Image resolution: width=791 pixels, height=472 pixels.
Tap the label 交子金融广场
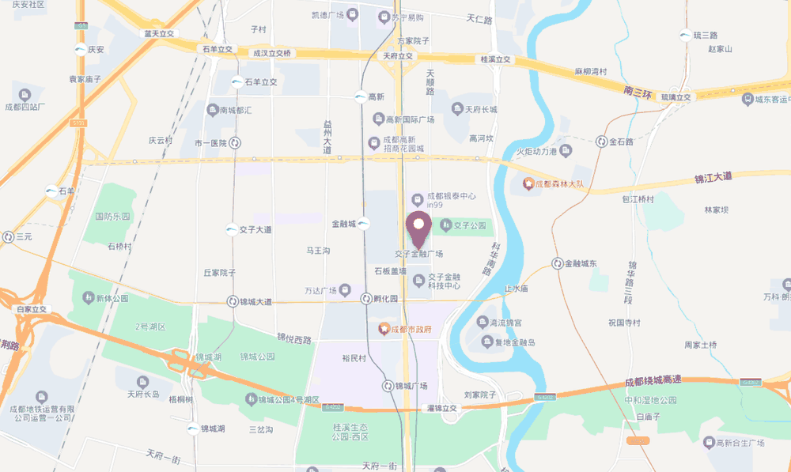[418, 254]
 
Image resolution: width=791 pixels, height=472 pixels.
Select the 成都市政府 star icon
[384, 328]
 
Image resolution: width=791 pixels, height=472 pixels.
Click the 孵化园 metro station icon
[365, 299]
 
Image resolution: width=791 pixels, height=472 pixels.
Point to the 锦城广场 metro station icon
[388, 386]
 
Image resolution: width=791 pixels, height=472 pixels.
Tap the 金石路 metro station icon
[601, 142]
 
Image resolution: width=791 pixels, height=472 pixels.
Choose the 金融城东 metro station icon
[558, 262]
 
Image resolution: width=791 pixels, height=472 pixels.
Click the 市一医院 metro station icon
[235, 143]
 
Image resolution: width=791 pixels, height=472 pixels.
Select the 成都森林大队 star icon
[528, 184]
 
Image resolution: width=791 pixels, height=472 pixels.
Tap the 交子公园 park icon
[445, 225]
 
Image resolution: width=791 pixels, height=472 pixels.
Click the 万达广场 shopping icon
[346, 289]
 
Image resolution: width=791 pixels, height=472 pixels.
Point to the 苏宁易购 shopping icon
[384, 17]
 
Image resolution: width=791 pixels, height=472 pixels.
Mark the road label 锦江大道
[713, 178]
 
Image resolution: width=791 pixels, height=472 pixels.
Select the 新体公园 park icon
[87, 298]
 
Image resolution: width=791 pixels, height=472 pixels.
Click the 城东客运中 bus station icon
[747, 99]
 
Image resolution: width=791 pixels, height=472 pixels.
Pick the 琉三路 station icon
[685, 35]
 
